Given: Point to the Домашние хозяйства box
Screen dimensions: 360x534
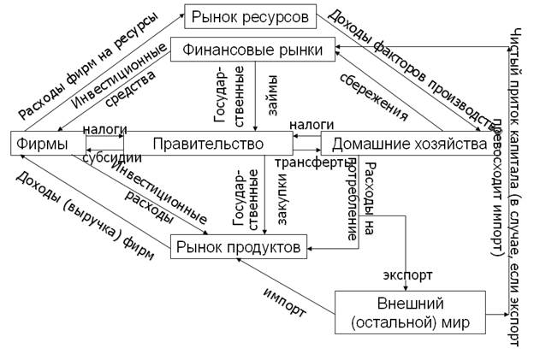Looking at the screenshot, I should coord(409,144).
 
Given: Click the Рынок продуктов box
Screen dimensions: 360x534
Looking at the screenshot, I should coord(238,248).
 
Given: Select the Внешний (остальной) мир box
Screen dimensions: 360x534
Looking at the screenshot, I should coord(408,314).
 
